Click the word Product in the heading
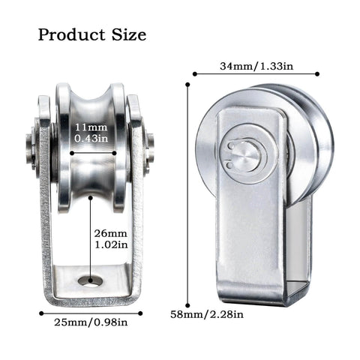click(x=68, y=34)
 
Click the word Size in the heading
click(x=127, y=34)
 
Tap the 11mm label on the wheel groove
click(x=91, y=127)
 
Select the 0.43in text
click(x=91, y=139)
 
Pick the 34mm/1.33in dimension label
click(x=255, y=66)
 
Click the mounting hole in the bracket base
click(x=91, y=280)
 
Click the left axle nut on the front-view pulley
click(x=31, y=142)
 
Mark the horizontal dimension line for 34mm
click(x=255, y=74)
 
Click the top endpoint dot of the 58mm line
click(x=187, y=84)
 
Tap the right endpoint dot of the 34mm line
click(x=317, y=74)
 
